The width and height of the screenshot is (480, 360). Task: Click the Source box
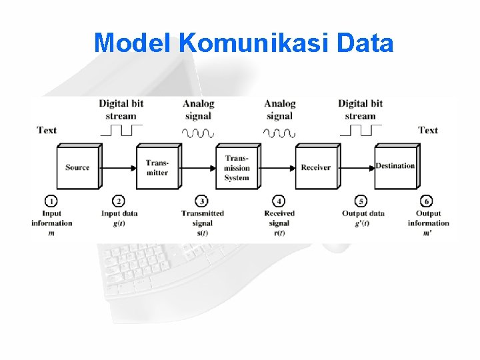pos(77,167)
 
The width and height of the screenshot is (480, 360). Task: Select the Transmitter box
pos(157,167)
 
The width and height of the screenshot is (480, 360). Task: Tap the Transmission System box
pos(237,167)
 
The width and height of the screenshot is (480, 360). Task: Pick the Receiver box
pos(315,167)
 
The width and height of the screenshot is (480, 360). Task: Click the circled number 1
pos(51,201)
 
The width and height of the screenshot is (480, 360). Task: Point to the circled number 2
pos(119,201)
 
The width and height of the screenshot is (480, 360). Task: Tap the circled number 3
pos(201,201)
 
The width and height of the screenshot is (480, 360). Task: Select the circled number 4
pos(279,201)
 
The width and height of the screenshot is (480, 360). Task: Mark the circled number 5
pos(361,201)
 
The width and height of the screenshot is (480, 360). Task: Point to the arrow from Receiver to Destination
pos(357,167)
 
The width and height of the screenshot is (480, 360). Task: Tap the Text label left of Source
pos(47,130)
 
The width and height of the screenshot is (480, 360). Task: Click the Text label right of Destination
pos(428,130)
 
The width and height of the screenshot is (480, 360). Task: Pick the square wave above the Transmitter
pos(121,131)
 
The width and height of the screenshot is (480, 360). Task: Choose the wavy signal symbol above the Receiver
pos(279,132)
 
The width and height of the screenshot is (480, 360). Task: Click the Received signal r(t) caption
pos(279,223)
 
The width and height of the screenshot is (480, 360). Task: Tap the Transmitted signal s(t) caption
pos(202,223)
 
